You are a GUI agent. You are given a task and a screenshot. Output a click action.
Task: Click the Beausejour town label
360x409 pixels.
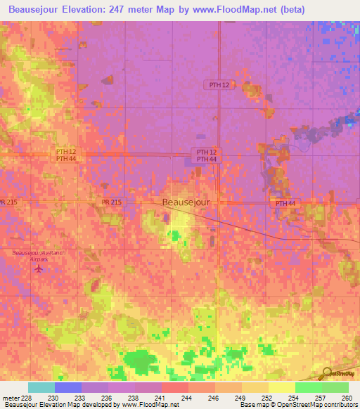click(x=186, y=202)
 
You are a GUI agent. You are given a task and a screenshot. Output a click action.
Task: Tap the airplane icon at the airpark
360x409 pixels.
click(x=38, y=268)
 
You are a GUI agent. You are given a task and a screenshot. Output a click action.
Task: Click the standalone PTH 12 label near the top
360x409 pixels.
click(x=219, y=85)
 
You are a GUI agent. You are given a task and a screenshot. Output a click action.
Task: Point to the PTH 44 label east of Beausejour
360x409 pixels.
click(x=285, y=203)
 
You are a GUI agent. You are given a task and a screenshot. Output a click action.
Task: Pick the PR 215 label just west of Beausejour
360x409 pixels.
click(x=111, y=202)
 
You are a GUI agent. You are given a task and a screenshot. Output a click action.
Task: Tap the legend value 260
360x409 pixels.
click(x=345, y=398)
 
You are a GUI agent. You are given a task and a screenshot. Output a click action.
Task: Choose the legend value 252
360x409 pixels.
click(x=265, y=398)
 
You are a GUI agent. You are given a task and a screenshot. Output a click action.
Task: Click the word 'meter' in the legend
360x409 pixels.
click(x=10, y=398)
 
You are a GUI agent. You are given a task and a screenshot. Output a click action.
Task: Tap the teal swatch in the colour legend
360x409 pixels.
click(x=41, y=387)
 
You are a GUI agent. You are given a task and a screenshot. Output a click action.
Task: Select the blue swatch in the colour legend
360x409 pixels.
click(x=68, y=387)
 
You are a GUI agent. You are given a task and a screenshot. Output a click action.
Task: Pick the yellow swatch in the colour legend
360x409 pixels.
click(x=281, y=387)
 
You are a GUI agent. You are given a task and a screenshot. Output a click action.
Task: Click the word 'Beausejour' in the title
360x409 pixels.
click(x=41, y=10)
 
